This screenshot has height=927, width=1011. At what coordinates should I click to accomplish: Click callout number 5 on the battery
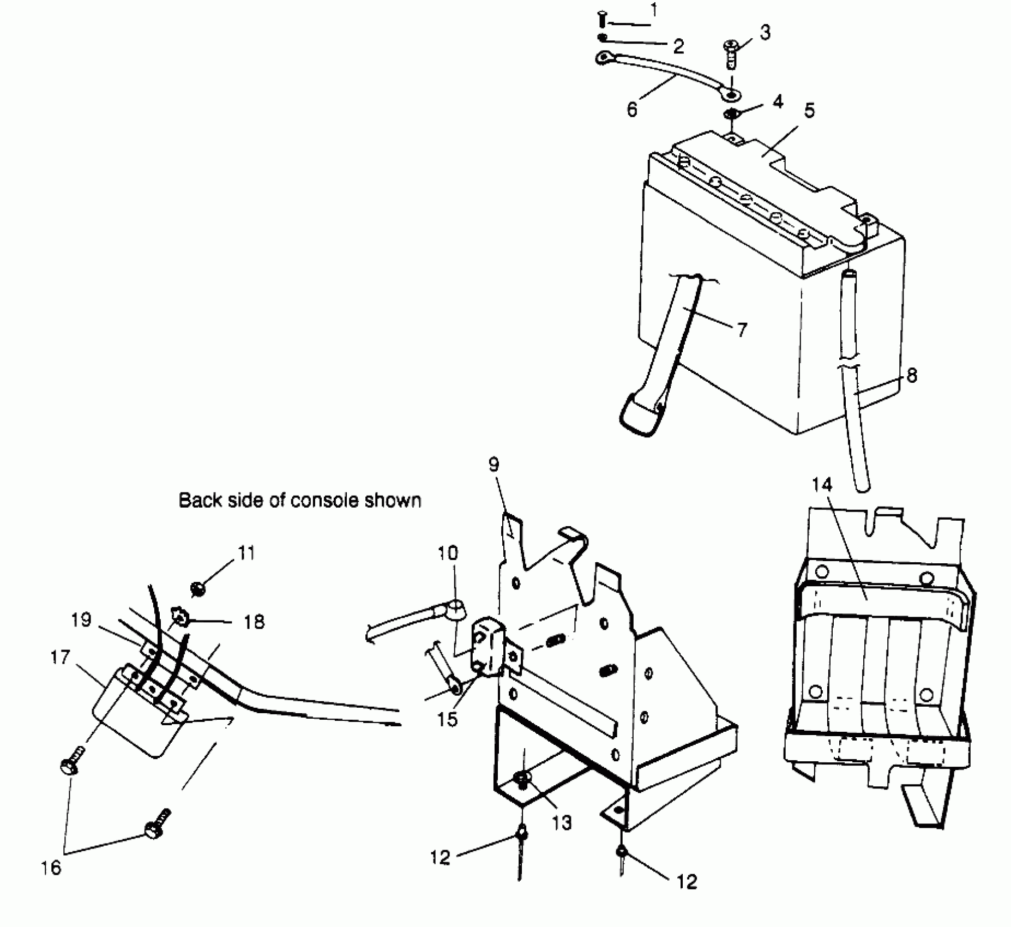tap(809, 111)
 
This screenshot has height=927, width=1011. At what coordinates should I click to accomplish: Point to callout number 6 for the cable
tap(632, 110)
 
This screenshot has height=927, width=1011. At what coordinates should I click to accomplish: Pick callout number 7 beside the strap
tap(741, 330)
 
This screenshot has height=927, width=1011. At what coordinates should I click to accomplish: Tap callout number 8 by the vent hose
tap(911, 375)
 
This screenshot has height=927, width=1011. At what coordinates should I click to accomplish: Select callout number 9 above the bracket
tap(494, 465)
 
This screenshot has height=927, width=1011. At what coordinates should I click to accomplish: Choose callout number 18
tap(254, 622)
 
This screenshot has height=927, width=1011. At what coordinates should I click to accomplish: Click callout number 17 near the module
tap(60, 658)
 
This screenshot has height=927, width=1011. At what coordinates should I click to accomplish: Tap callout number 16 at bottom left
tap(51, 868)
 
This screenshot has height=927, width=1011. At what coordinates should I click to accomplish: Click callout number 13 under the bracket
tap(562, 822)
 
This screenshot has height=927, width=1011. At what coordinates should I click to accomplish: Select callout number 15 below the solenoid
tap(447, 719)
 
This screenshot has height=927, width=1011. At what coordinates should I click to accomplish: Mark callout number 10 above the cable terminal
tap(448, 553)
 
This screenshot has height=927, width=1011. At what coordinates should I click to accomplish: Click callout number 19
tap(81, 621)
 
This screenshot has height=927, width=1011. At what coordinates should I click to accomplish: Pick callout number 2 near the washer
tap(678, 47)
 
